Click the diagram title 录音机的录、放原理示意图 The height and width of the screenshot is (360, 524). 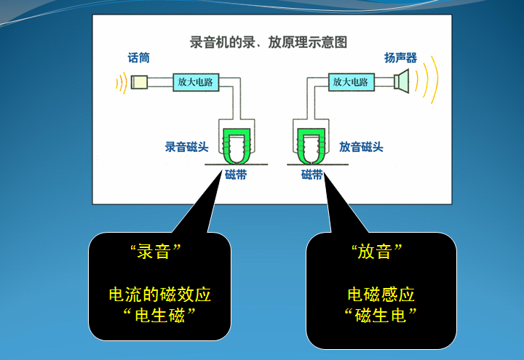pos(268,42)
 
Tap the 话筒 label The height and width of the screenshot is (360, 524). pos(138,58)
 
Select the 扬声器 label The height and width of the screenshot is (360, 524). pos(400,58)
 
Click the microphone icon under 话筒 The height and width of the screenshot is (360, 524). pos(139,82)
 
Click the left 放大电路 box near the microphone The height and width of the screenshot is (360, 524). pos(195,82)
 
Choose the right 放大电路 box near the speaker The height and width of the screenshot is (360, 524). pos(351,82)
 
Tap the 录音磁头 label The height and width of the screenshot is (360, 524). pos(186,147)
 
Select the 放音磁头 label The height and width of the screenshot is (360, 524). pos(362,147)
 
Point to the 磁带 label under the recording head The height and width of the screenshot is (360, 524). pos(235,175)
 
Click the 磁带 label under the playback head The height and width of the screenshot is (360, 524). pos(312,175)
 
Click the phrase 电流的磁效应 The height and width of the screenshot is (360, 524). pos(160,295)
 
